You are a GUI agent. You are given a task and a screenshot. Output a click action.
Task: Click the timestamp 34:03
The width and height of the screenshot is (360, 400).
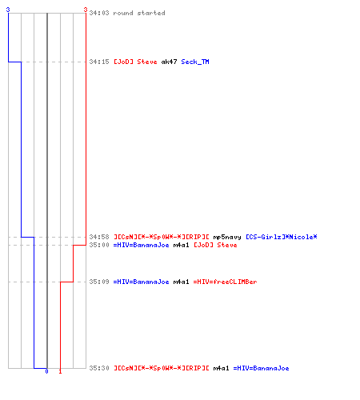pos(99,13)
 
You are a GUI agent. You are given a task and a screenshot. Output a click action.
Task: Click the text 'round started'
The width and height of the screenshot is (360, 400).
pos(139,13)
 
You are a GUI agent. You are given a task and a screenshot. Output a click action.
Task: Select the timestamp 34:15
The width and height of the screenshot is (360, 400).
pos(99,62)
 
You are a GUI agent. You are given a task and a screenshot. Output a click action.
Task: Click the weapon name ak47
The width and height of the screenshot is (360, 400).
pos(169,62)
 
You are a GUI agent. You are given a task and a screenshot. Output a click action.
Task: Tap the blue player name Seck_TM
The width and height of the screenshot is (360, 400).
pos(195,62)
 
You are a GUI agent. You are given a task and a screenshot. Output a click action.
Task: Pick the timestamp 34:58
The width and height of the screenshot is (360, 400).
pos(99,237)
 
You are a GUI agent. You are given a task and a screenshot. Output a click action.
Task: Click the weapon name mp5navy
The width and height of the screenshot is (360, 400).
pos(227,237)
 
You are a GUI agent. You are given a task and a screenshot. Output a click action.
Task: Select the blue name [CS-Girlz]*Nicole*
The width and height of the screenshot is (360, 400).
pos(282,237)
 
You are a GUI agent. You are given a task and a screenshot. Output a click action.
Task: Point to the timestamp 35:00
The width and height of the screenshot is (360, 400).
pos(99,245)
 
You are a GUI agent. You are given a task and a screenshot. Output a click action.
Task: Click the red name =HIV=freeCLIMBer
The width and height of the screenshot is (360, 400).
pos(225,282)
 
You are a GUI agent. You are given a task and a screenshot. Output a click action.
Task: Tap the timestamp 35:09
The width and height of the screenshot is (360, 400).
pos(99,282)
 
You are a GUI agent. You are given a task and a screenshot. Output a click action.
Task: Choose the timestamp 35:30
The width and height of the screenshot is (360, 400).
pos(99,368)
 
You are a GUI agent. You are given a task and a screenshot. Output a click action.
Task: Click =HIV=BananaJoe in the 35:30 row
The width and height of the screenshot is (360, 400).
pos(261,368)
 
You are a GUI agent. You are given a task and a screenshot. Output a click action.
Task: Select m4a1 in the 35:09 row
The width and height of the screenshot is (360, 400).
pos(181,282)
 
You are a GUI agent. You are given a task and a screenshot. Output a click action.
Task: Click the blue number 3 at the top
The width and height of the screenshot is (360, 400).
pos(8,10)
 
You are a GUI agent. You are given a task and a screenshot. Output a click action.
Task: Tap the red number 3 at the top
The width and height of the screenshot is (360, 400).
pos(86,10)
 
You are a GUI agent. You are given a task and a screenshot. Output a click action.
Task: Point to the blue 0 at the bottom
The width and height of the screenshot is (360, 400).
pos(46,371)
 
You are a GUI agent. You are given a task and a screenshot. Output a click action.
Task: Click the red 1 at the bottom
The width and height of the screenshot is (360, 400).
pos(60,371)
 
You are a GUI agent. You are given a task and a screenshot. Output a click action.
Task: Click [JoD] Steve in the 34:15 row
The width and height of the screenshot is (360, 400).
pos(135,62)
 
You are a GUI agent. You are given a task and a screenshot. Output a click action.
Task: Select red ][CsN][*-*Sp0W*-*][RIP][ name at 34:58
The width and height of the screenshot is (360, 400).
pos(162,237)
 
